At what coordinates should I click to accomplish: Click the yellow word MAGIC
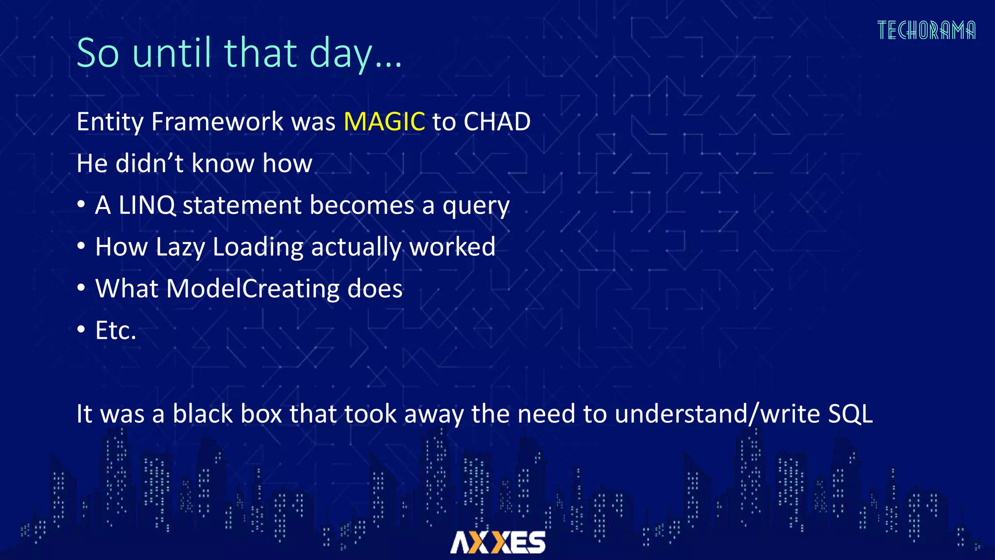pyautogui.click(x=384, y=122)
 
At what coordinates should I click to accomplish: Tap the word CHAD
pyautogui.click(x=497, y=122)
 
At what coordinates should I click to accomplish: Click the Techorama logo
pyautogui.click(x=926, y=31)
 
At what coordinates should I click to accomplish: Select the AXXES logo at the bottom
pyautogui.click(x=497, y=542)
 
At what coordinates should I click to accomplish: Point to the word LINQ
pyautogui.click(x=147, y=205)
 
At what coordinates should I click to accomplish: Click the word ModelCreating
pyautogui.click(x=253, y=289)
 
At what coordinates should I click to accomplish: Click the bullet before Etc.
pyautogui.click(x=81, y=330)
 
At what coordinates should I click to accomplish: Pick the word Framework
pyautogui.click(x=217, y=122)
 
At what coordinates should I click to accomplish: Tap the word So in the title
pyautogui.click(x=98, y=53)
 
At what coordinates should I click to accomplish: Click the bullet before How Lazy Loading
pyautogui.click(x=81, y=246)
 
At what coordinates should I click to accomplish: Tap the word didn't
pyautogui.click(x=149, y=163)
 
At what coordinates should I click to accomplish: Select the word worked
pyautogui.click(x=452, y=247)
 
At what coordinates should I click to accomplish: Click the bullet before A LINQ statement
pyautogui.click(x=81, y=205)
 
